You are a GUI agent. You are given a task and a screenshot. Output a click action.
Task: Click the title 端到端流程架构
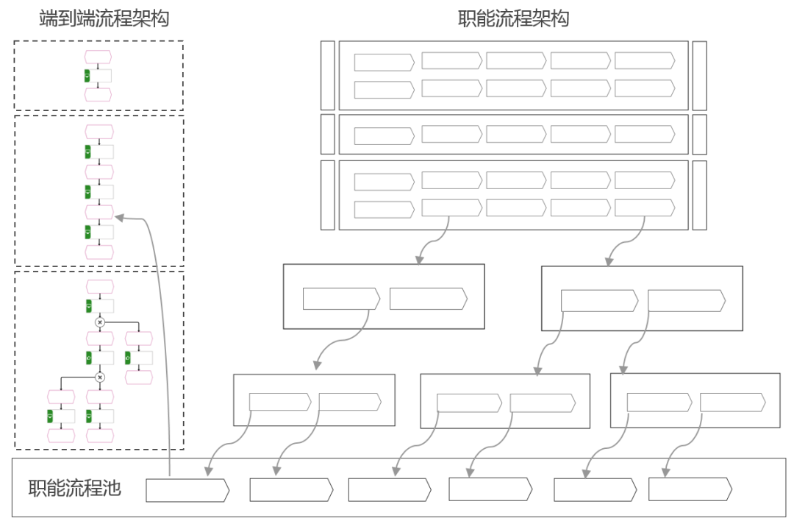[104, 18]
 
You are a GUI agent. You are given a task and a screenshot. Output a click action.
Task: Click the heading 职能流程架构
[513, 18]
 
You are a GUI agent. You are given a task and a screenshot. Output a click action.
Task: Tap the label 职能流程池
[74, 488]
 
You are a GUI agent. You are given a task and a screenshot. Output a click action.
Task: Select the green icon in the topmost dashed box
[87, 76]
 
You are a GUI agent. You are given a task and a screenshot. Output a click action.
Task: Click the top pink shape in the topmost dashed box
[98, 57]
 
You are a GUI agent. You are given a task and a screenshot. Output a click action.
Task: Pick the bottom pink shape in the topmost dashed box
[98, 94]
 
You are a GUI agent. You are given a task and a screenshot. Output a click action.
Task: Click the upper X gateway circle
[101, 322]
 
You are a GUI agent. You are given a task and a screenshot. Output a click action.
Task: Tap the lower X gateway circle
[101, 378]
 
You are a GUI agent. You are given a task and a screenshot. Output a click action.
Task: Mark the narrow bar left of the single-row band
[328, 134]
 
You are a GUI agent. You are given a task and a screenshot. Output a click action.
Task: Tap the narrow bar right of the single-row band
[699, 134]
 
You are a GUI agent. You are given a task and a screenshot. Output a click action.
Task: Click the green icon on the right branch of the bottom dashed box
[128, 358]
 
